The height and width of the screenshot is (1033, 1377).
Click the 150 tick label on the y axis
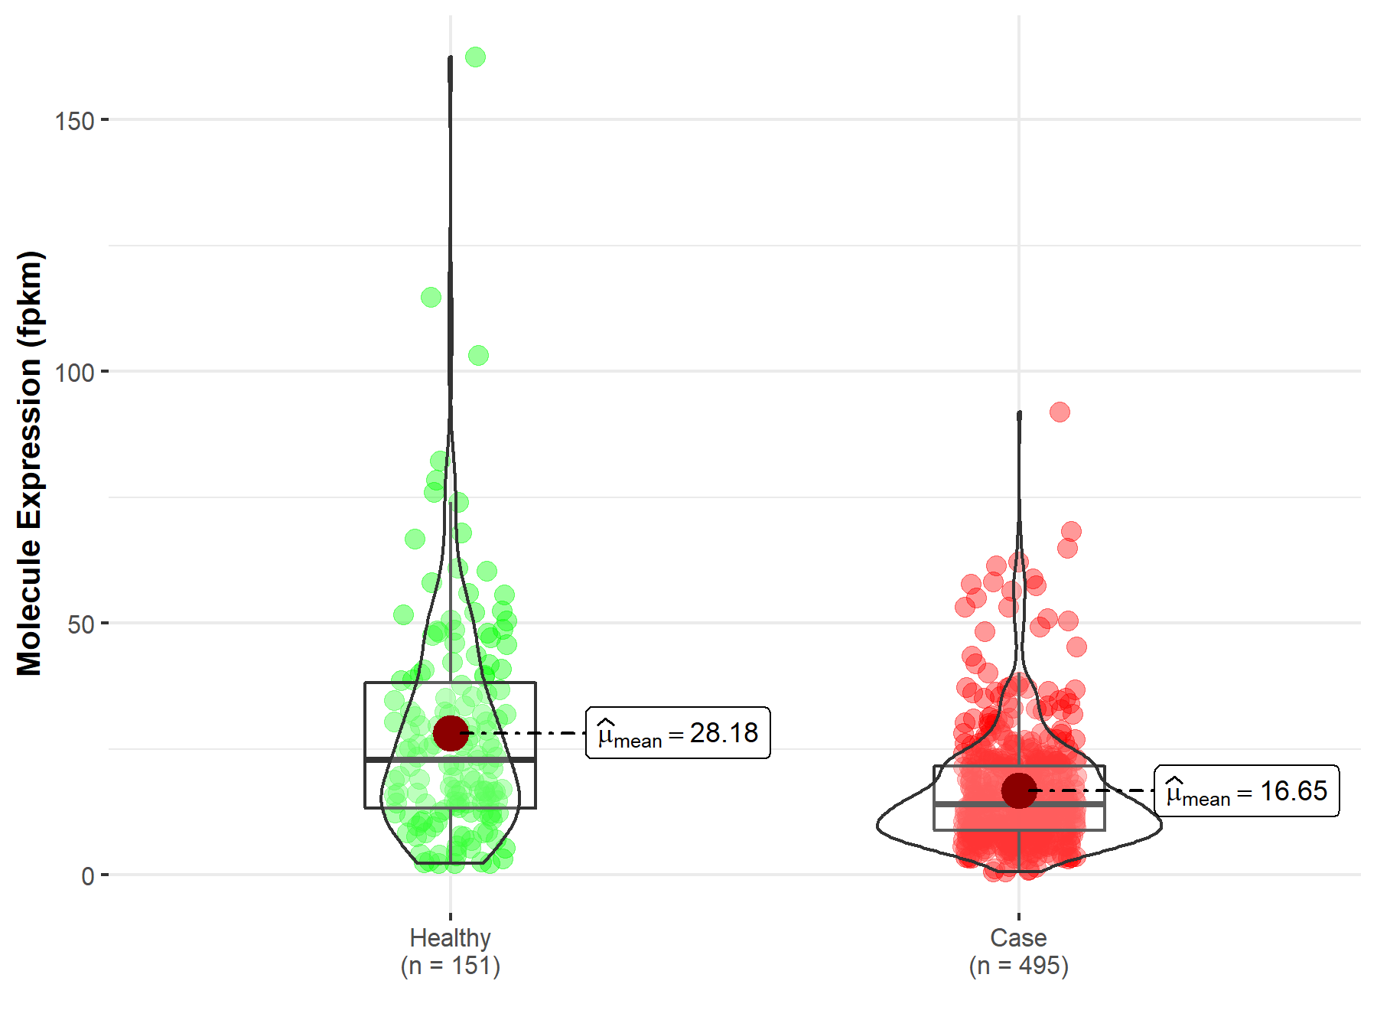(x=74, y=121)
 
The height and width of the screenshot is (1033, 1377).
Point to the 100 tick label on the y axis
(x=74, y=373)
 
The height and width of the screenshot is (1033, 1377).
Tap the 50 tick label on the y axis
(x=80, y=624)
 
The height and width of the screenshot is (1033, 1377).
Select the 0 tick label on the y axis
(x=88, y=876)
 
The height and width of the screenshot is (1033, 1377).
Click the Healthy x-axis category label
(x=450, y=937)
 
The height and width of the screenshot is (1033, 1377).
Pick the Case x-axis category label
(x=1018, y=937)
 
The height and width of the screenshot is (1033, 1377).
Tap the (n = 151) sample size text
(x=450, y=966)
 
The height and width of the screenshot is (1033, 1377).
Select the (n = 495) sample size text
(x=1018, y=966)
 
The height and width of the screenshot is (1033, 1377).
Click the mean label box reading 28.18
(x=678, y=733)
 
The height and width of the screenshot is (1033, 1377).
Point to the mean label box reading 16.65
(x=1246, y=791)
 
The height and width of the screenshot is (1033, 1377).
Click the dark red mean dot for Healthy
(x=451, y=733)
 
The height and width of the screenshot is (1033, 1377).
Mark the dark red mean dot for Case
(x=1019, y=790)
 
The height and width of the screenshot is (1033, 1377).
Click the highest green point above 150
(x=475, y=57)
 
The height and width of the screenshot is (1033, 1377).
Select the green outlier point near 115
(x=431, y=297)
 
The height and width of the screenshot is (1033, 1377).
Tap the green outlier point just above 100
(x=478, y=355)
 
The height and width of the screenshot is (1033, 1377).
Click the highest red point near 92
(x=1060, y=412)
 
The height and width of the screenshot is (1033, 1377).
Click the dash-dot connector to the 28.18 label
(x=528, y=733)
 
